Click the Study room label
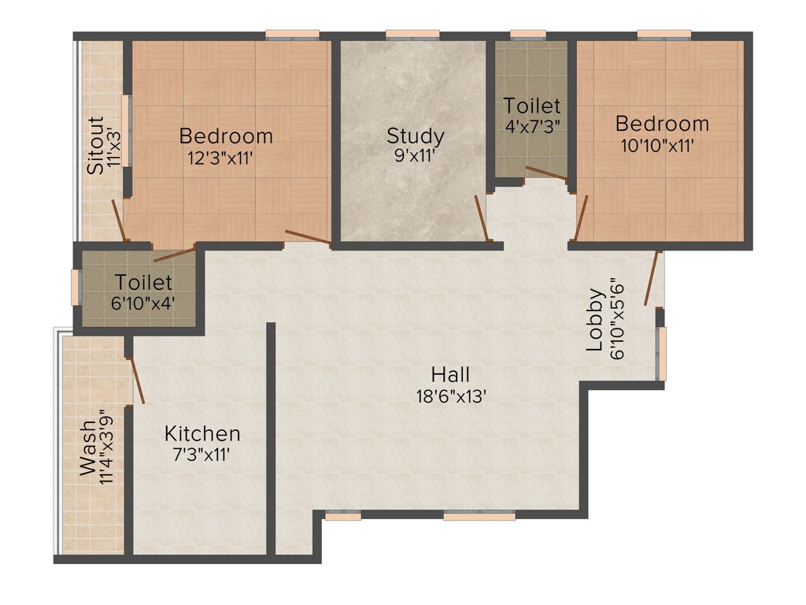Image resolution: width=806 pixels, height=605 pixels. pyautogui.click(x=415, y=135)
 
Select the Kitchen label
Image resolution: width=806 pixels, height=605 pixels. pyautogui.click(x=202, y=433)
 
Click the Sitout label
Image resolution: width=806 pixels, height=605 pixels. pyautogui.click(x=95, y=146)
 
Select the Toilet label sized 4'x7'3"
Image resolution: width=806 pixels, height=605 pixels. pyautogui.click(x=532, y=105)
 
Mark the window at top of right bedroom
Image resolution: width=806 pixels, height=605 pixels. pyautogui.click(x=664, y=34)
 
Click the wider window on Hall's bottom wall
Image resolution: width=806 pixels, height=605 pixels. pyautogui.click(x=479, y=516)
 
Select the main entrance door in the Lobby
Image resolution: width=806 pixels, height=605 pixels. pyautogui.click(x=652, y=278)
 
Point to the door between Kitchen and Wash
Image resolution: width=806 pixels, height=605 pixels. pyautogui.click(x=135, y=380)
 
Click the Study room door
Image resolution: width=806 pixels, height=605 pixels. pyautogui.click(x=482, y=218)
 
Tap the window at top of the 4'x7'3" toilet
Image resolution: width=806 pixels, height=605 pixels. pyautogui.click(x=527, y=34)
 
